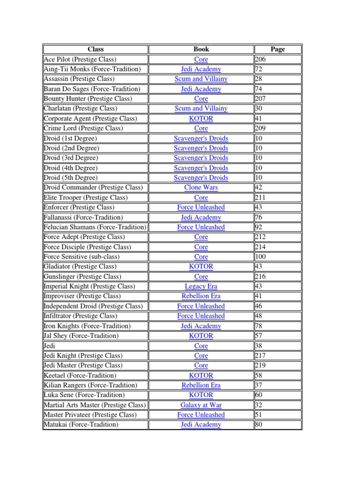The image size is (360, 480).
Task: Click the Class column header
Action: pyautogui.click(x=96, y=49)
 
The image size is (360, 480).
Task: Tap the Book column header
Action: pyautogui.click(x=201, y=49)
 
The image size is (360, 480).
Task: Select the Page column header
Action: pyautogui.click(x=277, y=49)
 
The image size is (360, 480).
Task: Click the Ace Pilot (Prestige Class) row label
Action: pyautogui.click(x=80, y=59)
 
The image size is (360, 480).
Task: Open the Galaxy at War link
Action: pyautogui.click(x=201, y=405)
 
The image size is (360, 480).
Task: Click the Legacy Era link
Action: pyautogui.click(x=201, y=286)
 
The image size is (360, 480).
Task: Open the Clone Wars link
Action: pyautogui.click(x=201, y=187)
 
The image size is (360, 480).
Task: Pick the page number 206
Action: pyautogui.click(x=260, y=59)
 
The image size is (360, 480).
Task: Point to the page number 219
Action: pyautogui.click(x=260, y=366)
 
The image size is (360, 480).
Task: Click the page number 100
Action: pyautogui.click(x=260, y=257)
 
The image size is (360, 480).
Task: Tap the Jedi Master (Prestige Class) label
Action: pyautogui.click(x=83, y=366)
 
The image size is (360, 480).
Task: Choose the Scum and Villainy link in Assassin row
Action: pyautogui.click(x=201, y=79)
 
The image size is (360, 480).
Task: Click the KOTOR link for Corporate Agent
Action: pyautogui.click(x=201, y=119)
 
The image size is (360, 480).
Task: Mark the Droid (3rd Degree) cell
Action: pyautogui.click(x=71, y=158)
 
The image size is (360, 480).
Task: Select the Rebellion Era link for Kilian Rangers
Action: pyautogui.click(x=201, y=385)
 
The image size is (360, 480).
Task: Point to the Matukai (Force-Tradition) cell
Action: pyautogui.click(x=81, y=425)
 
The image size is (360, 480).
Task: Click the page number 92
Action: pyautogui.click(x=259, y=227)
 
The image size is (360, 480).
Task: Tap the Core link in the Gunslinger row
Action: pyautogui.click(x=201, y=277)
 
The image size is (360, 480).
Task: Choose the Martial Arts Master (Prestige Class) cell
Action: pyautogui.click(x=95, y=405)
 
